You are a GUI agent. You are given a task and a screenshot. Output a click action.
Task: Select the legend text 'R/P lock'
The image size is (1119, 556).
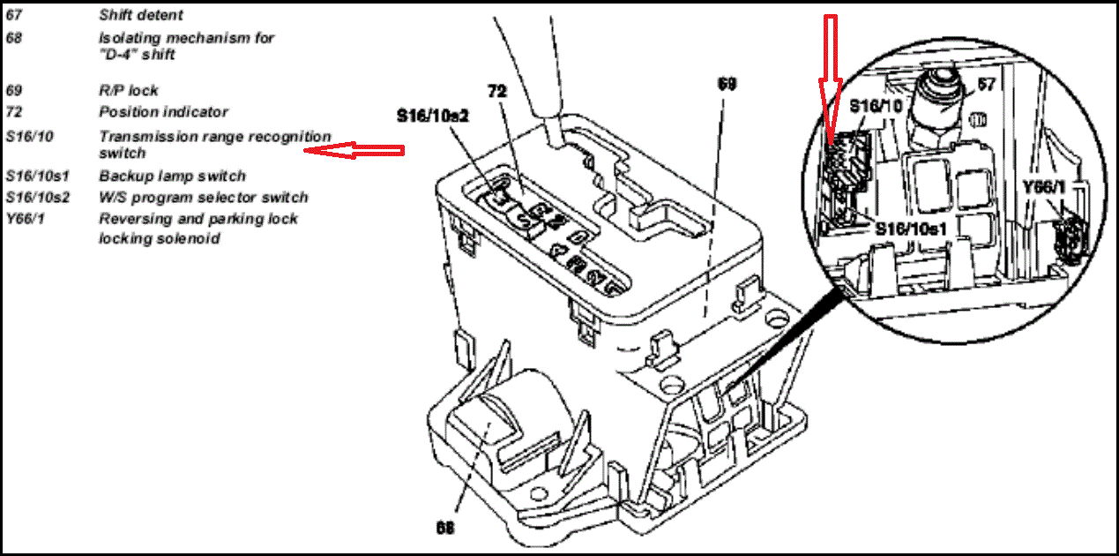[x=129, y=91]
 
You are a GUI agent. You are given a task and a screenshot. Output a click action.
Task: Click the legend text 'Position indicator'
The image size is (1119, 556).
[x=163, y=112]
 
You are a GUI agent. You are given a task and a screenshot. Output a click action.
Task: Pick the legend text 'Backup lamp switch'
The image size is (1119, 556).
[x=172, y=177]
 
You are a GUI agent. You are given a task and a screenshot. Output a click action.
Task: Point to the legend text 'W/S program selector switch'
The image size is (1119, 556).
[x=204, y=198]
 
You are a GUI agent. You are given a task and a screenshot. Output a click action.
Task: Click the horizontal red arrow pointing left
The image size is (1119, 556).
[x=353, y=151]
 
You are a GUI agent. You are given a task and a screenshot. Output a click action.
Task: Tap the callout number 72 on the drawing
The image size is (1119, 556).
[x=496, y=91]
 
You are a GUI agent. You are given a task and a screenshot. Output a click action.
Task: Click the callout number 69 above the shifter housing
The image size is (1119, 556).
[x=726, y=84]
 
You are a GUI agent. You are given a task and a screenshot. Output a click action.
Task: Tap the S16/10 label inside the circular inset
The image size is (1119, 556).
[x=876, y=106]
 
